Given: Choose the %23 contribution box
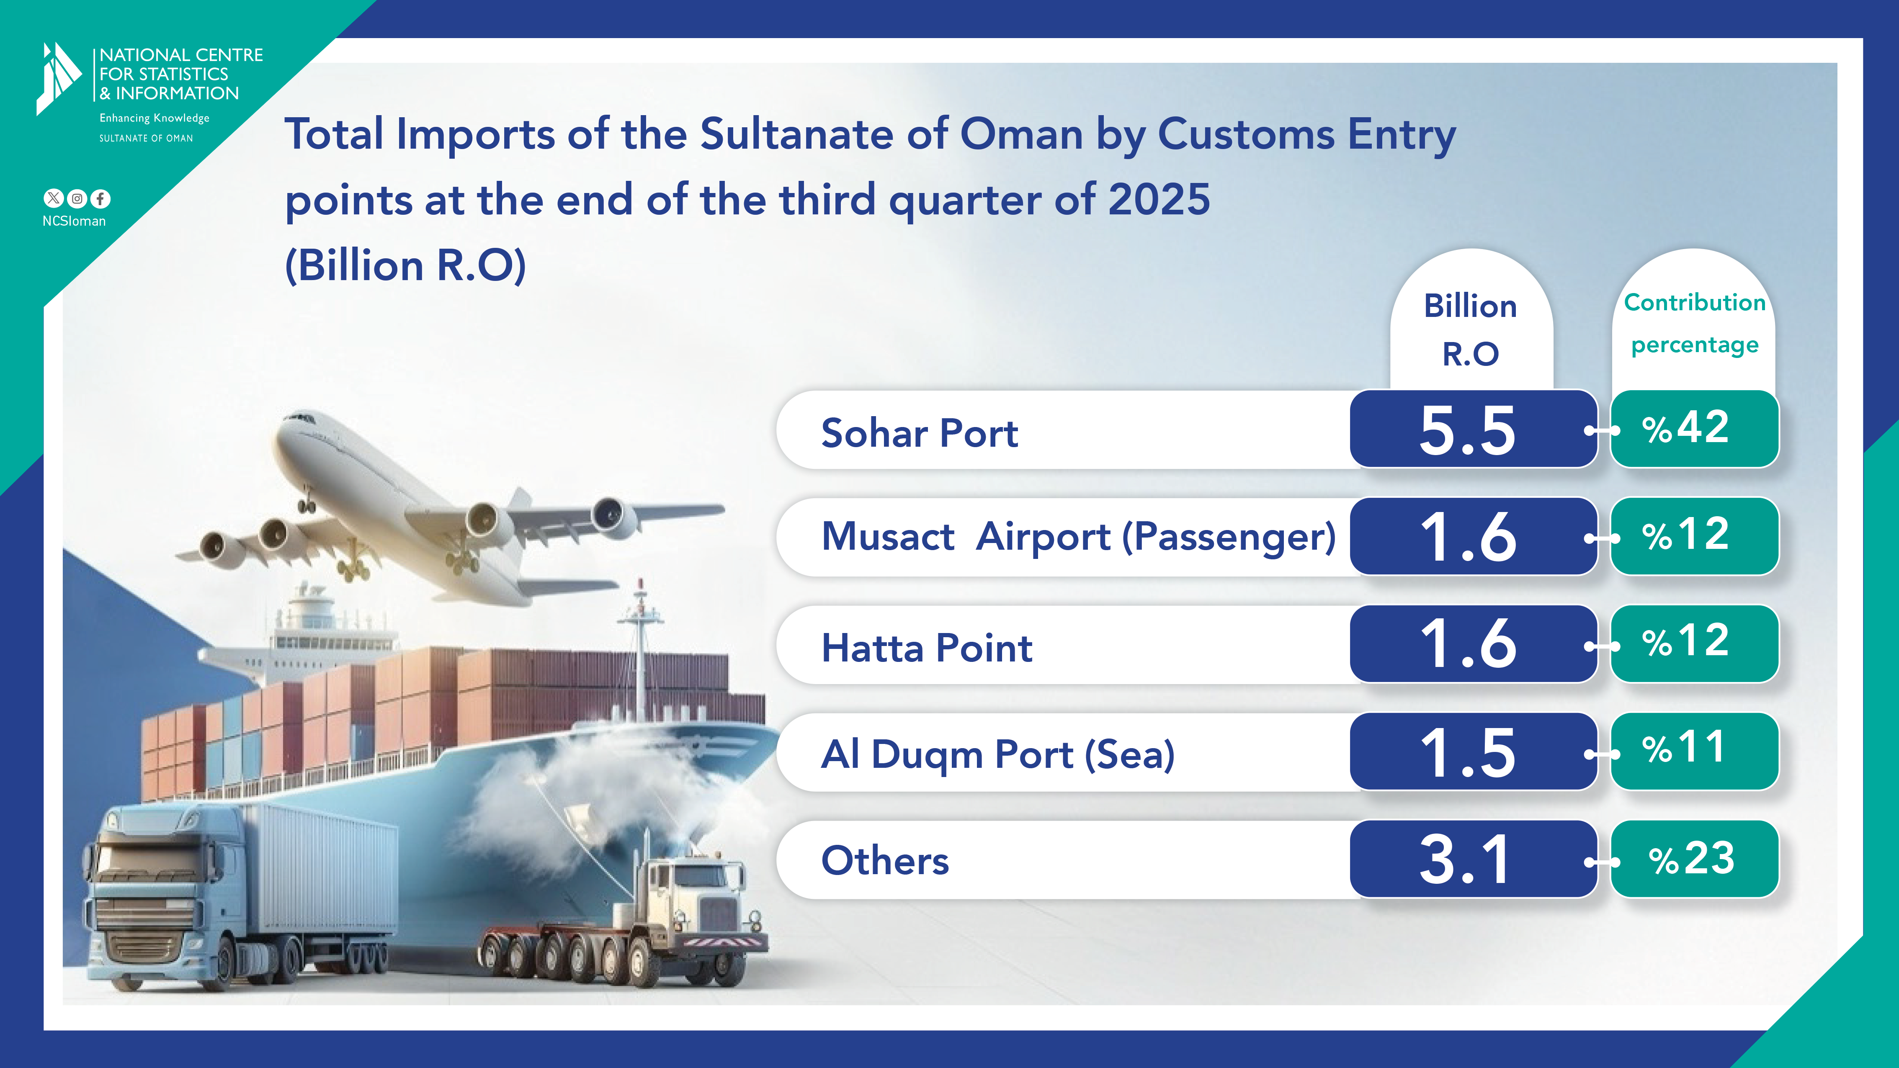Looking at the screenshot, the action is (x=1694, y=859).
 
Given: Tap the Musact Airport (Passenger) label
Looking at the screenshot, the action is (x=1079, y=537).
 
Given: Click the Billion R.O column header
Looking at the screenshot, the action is (x=1471, y=329).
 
